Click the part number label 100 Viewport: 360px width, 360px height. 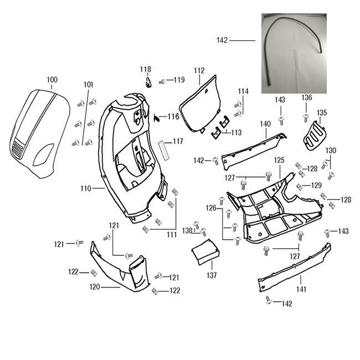click(x=52, y=80)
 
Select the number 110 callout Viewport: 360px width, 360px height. click(x=85, y=189)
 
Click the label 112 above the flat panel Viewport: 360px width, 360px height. click(x=199, y=71)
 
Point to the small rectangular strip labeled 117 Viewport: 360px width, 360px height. click(x=164, y=150)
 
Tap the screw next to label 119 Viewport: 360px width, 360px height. click(x=163, y=81)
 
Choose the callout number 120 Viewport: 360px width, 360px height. click(x=95, y=287)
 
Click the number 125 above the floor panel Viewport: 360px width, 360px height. click(x=279, y=160)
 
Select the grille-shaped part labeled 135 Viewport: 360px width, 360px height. click(x=314, y=135)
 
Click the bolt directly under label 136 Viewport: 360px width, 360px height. click(x=306, y=117)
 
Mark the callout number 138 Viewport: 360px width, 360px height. click(x=188, y=230)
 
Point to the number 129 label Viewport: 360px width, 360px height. click(x=316, y=185)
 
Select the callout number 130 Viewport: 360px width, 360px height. click(x=331, y=151)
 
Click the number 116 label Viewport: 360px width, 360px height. click(x=173, y=117)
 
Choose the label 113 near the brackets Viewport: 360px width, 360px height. click(x=236, y=133)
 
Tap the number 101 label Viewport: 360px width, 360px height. click(x=89, y=85)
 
